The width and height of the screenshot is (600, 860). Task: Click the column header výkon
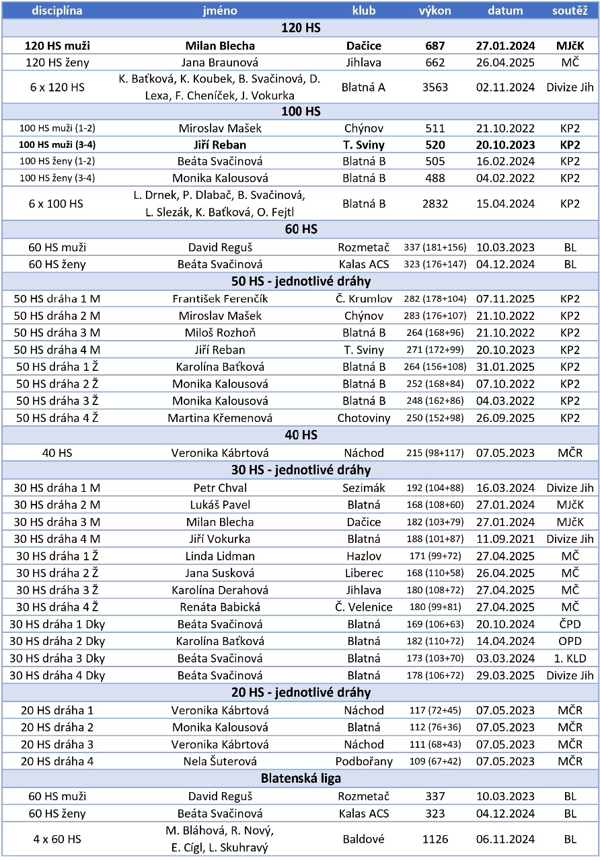[x=435, y=11]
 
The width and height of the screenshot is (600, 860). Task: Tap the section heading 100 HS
[x=300, y=111]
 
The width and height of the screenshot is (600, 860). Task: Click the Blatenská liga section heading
[x=300, y=779]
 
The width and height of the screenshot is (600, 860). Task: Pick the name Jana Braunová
[x=219, y=62]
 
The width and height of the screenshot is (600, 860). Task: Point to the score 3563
[x=435, y=87]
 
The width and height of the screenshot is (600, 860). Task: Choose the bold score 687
[x=435, y=46]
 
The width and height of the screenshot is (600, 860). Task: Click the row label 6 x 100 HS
[x=57, y=204]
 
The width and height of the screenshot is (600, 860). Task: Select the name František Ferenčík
[x=219, y=298]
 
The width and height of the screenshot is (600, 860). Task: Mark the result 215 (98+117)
[x=435, y=453]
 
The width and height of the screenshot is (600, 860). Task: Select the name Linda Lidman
[x=219, y=556]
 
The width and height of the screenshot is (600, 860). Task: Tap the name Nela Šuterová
[x=219, y=761]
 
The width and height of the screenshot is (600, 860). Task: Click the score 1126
[x=435, y=838]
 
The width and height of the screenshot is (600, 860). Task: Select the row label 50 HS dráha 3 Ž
[x=57, y=401]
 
